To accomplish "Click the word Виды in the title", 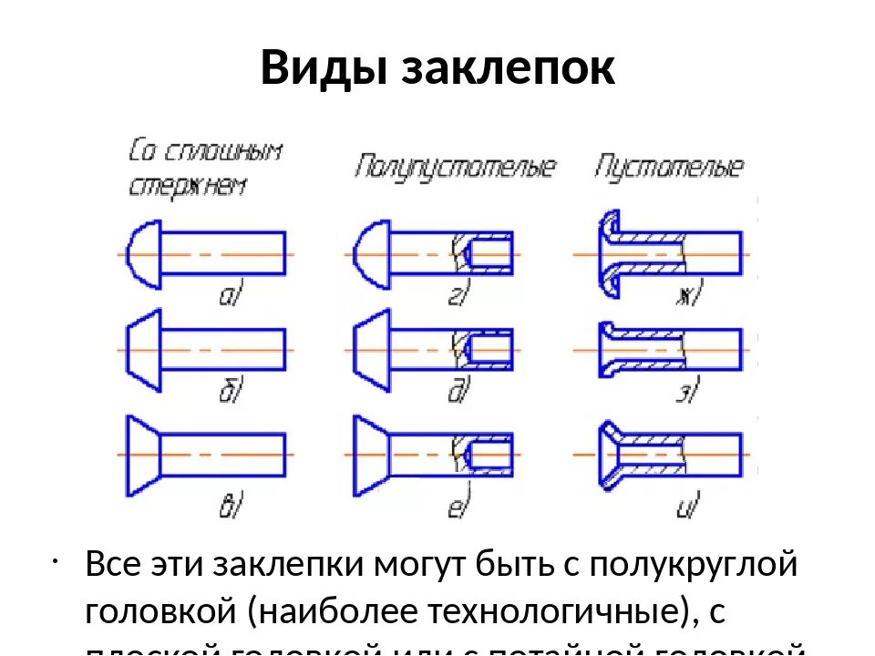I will click(324, 68).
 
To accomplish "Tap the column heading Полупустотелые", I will click(456, 168).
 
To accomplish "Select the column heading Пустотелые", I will click(670, 168).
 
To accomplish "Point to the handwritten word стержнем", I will click(187, 186).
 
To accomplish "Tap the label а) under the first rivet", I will click(230, 294).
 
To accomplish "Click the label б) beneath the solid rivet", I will click(230, 392).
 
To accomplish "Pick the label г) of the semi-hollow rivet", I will click(458, 294).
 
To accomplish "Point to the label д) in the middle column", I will click(458, 392).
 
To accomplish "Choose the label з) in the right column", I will click(685, 392).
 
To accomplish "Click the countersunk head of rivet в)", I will click(141, 454).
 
